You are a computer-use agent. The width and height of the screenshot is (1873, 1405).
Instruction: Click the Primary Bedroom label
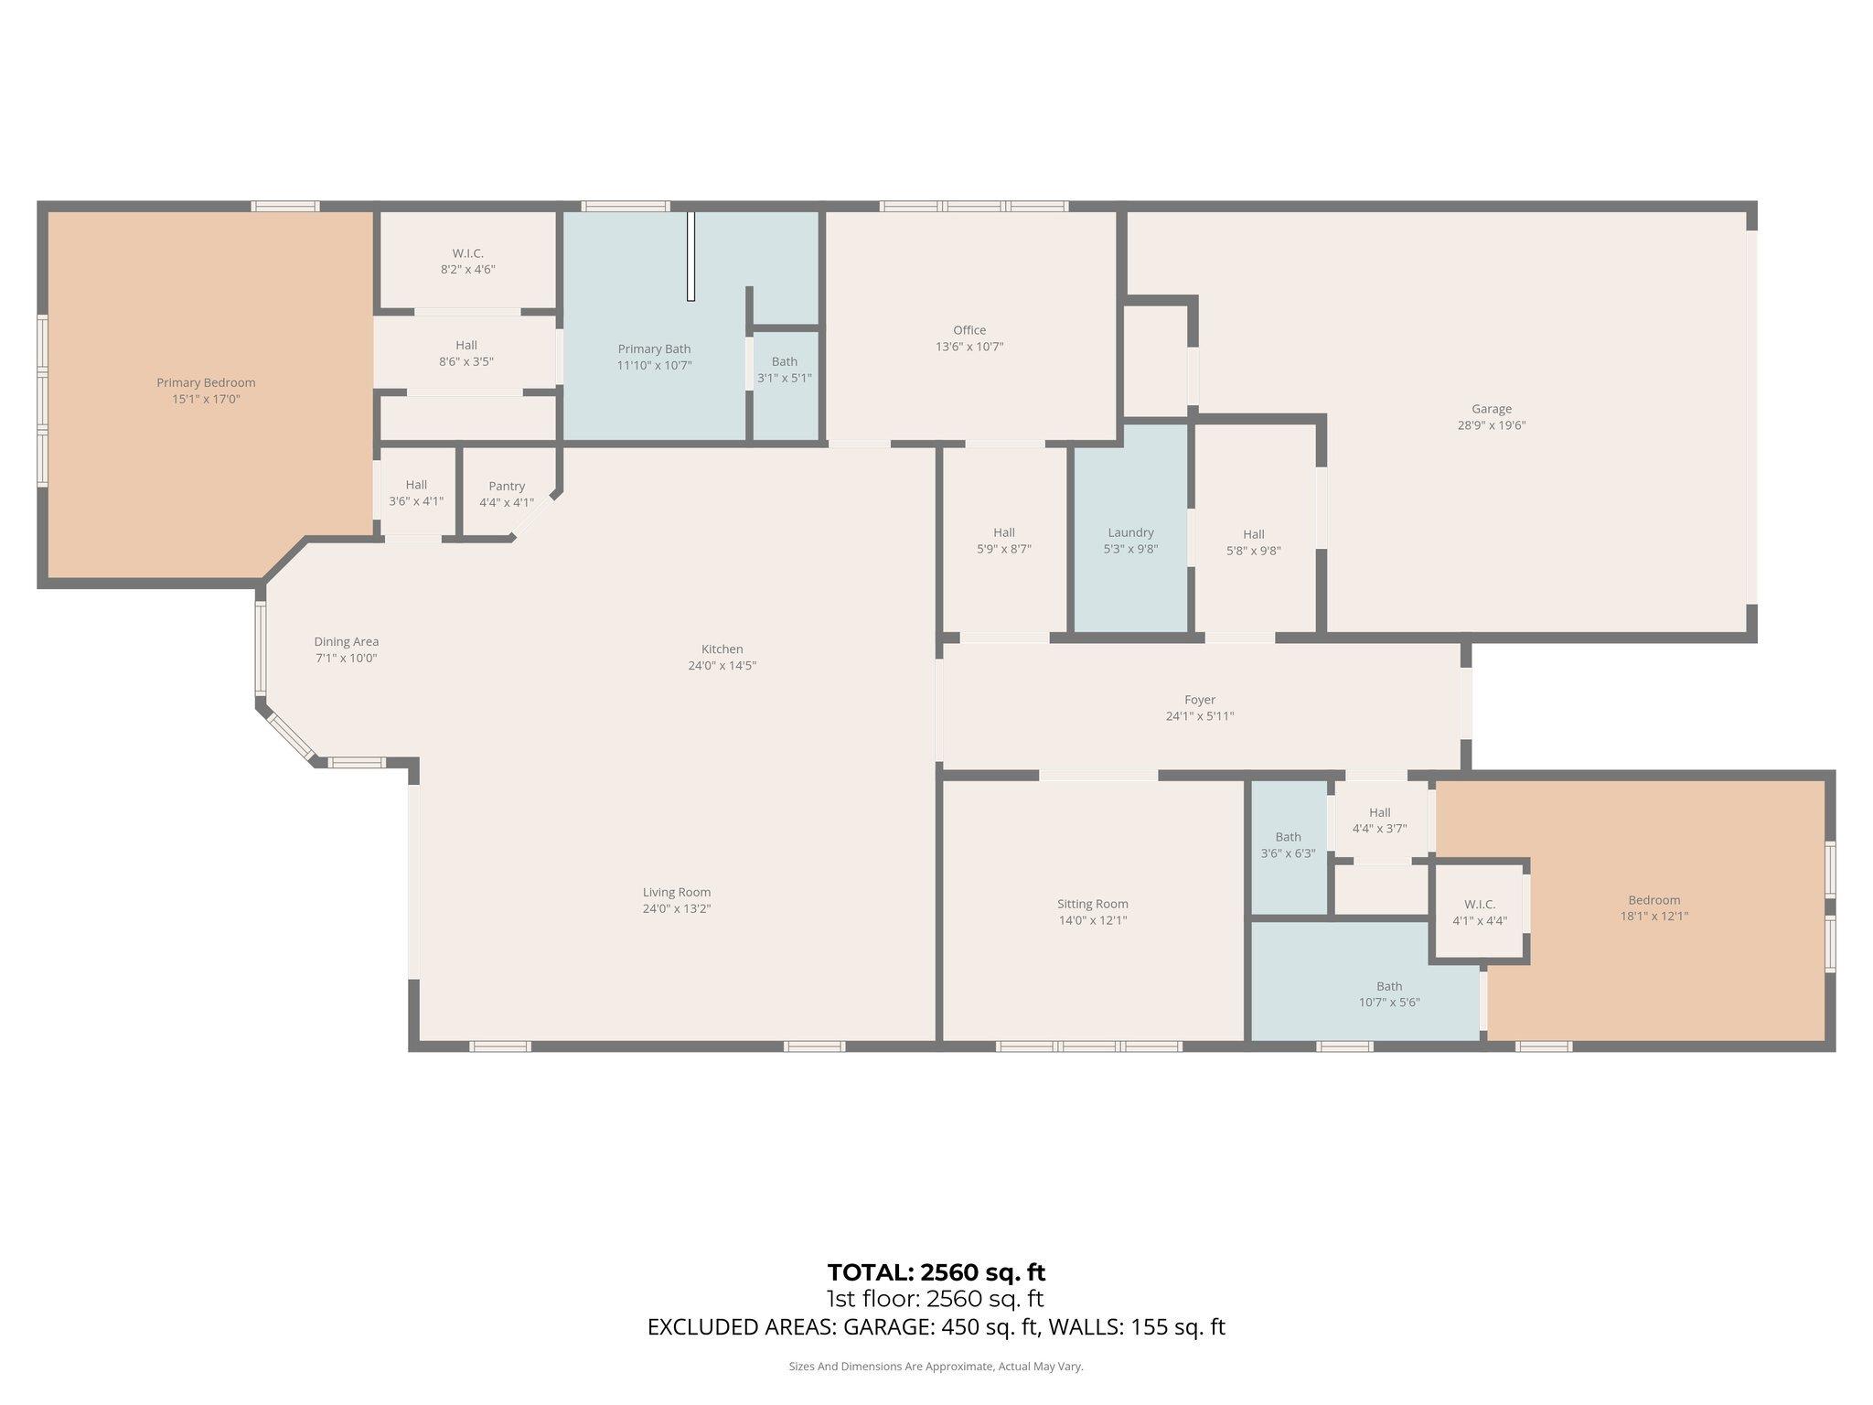206,383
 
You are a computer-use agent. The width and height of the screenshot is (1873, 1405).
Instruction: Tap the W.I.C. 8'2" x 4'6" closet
467,261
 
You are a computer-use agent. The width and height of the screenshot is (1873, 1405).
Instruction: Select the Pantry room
507,494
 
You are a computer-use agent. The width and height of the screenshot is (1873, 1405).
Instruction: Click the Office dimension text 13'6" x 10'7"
969,347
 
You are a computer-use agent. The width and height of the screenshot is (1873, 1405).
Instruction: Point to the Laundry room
1130,540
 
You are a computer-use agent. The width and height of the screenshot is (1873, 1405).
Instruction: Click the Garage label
1491,409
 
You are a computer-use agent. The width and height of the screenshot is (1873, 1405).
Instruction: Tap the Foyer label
1199,700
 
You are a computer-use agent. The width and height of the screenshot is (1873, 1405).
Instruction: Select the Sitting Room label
1092,904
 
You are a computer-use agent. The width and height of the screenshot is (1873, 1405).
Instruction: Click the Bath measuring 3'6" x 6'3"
1288,844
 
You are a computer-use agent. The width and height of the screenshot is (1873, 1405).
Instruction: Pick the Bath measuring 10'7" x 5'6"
1388,993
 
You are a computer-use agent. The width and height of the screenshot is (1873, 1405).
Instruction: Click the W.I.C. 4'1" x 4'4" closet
1479,912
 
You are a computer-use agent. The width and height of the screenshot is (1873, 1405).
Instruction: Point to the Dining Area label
346,642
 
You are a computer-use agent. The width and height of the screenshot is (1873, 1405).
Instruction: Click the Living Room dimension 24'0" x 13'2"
676,908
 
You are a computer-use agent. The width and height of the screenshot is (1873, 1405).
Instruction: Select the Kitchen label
722,649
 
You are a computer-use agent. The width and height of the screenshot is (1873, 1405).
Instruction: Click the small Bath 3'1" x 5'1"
784,370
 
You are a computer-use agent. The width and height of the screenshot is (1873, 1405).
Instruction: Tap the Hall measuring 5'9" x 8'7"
1003,541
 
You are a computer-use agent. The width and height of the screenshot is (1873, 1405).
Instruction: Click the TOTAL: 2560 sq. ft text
936,1272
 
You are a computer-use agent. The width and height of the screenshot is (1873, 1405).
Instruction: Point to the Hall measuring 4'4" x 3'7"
1379,820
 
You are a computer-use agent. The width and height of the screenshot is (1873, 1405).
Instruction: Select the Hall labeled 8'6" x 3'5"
466,353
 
